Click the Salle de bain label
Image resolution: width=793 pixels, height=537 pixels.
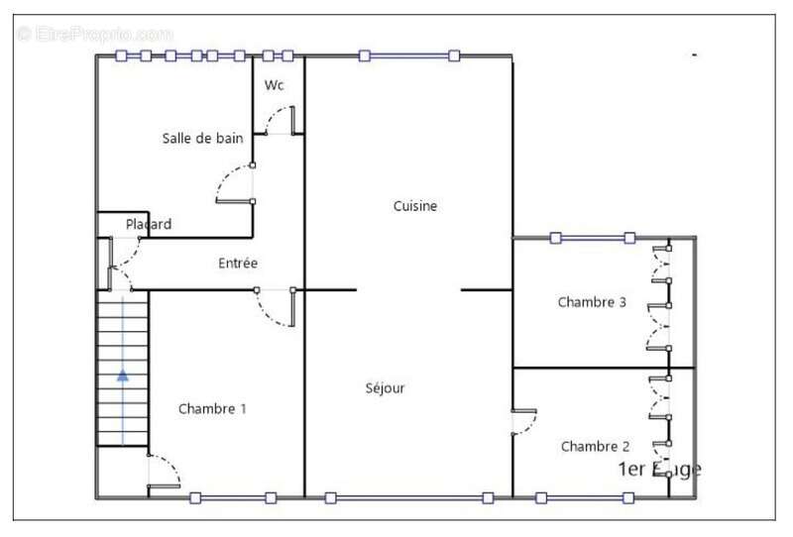pyautogui.click(x=202, y=139)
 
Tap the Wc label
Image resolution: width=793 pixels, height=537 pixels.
pyautogui.click(x=275, y=86)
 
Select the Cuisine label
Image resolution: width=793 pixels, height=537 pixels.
pyautogui.click(x=415, y=206)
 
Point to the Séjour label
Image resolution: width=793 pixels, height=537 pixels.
pyautogui.click(x=385, y=388)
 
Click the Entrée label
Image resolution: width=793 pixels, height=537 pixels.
pyautogui.click(x=238, y=264)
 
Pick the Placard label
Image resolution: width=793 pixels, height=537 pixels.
pyautogui.click(x=149, y=225)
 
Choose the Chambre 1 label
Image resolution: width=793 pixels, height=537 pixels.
pyautogui.click(x=212, y=408)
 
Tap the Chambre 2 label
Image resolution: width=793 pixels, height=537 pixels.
pyautogui.click(x=596, y=447)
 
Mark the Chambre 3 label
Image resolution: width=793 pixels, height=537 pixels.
pyautogui.click(x=592, y=302)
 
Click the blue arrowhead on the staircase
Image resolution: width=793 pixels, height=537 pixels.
pyautogui.click(x=122, y=376)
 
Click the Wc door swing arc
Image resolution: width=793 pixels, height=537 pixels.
pyautogui.click(x=279, y=122)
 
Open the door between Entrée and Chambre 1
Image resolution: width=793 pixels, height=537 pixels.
pyautogui.click(x=275, y=308)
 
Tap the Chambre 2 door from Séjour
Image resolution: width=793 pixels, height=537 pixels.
pyautogui.click(x=523, y=423)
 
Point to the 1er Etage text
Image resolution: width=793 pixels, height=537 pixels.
pyautogui.click(x=659, y=470)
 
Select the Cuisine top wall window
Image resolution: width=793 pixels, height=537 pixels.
pyautogui.click(x=408, y=55)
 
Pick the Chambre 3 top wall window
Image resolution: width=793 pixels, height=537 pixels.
pyautogui.click(x=592, y=238)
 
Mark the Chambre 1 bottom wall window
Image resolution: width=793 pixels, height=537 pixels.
pyautogui.click(x=233, y=497)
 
